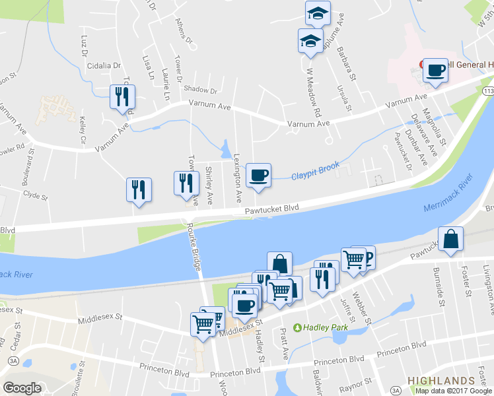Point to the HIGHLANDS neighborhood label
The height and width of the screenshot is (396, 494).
click(441, 381)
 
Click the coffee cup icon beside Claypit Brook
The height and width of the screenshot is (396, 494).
click(258, 175)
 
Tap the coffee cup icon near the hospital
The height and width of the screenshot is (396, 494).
click(435, 70)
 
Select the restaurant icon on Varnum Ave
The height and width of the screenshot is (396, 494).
click(122, 97)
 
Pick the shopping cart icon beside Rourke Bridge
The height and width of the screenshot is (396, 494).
click(203, 323)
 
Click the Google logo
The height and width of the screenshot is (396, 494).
click(22, 388)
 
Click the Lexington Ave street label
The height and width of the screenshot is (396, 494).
click(237, 179)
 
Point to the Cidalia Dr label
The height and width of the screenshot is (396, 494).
click(106, 66)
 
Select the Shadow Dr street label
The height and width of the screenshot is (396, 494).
click(200, 90)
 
